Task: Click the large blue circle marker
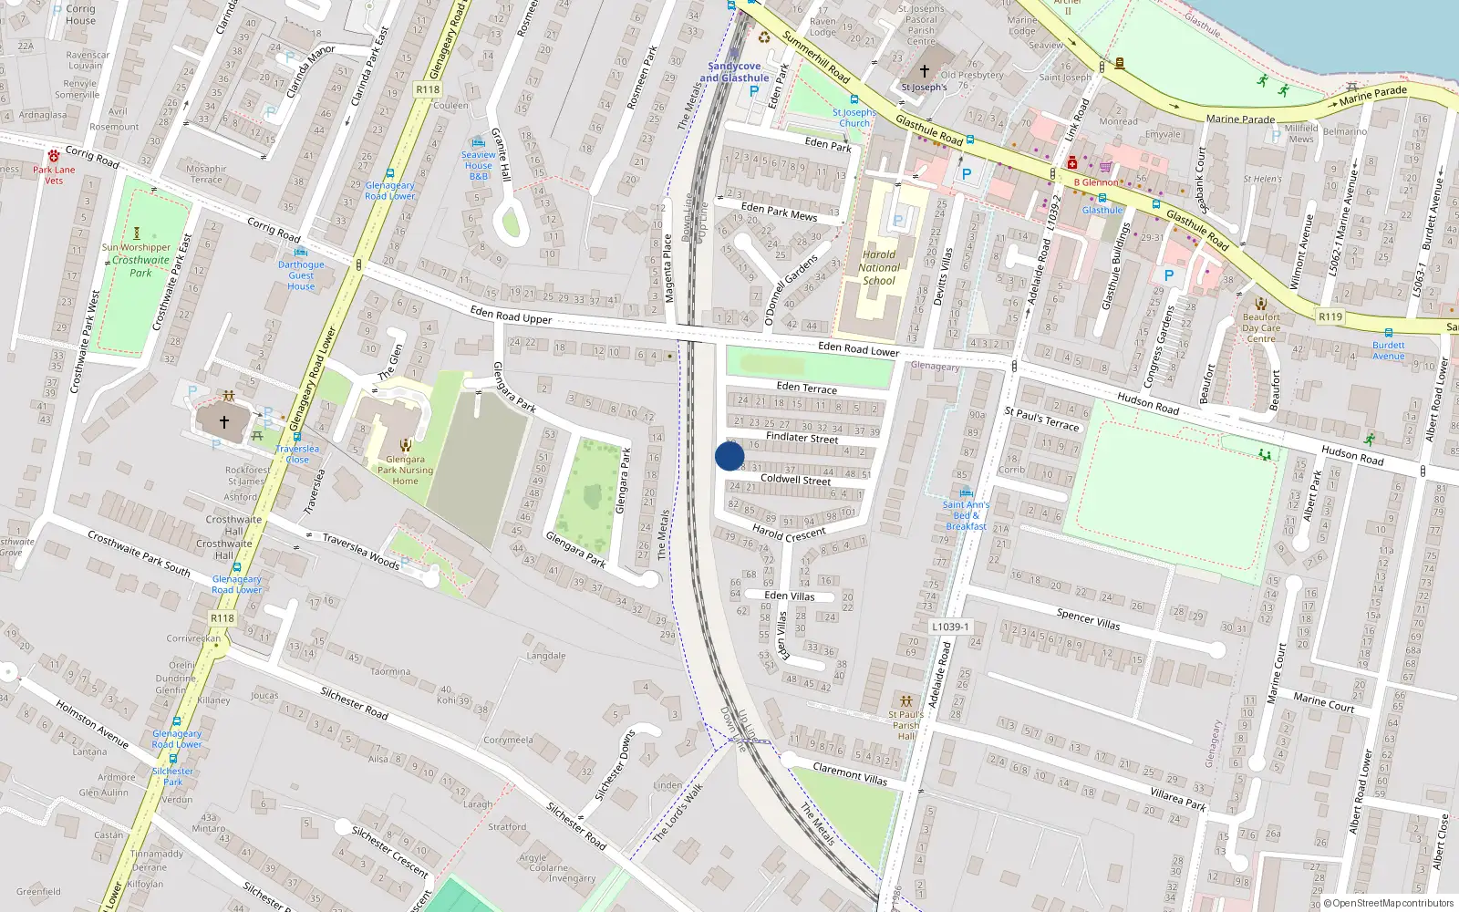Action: coord(729,456)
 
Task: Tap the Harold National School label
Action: coord(879,268)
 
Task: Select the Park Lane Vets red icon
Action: coord(54,156)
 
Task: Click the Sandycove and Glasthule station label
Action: coord(734,72)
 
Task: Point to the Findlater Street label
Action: coord(802,438)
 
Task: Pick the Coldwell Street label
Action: coord(795,480)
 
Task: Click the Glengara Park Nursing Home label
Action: coord(405,471)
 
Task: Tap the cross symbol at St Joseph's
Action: coord(924,70)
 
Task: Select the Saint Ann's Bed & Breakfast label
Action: coord(966,515)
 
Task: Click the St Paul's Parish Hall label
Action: coord(905,725)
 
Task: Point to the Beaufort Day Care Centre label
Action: coord(1261,328)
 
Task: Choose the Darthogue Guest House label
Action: coord(301,275)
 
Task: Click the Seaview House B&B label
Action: coord(478,165)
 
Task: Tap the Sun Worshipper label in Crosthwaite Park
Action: coord(136,247)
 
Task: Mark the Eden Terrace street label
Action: coord(806,389)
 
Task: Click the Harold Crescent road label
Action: coord(789,534)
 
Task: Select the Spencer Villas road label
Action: coord(1088,619)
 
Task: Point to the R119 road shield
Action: coord(1330,316)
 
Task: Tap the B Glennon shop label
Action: coord(1095,182)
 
